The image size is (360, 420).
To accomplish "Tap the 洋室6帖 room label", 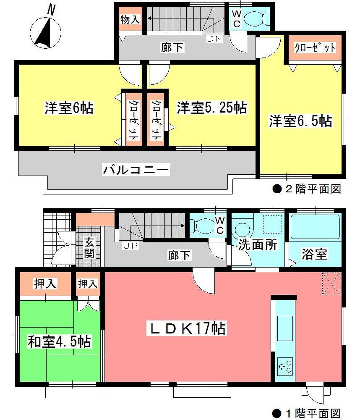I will [x=69, y=108].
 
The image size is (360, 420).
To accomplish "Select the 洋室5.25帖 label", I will [x=211, y=108].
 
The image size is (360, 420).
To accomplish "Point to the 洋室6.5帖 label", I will [x=300, y=121].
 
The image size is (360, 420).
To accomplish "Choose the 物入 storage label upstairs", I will [x=130, y=19].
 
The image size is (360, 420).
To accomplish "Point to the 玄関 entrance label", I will [x=89, y=248].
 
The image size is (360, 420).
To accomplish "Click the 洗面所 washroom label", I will [x=258, y=244].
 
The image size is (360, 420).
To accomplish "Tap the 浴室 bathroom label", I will [x=314, y=254].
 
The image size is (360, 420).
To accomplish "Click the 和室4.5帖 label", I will [x=59, y=341].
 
